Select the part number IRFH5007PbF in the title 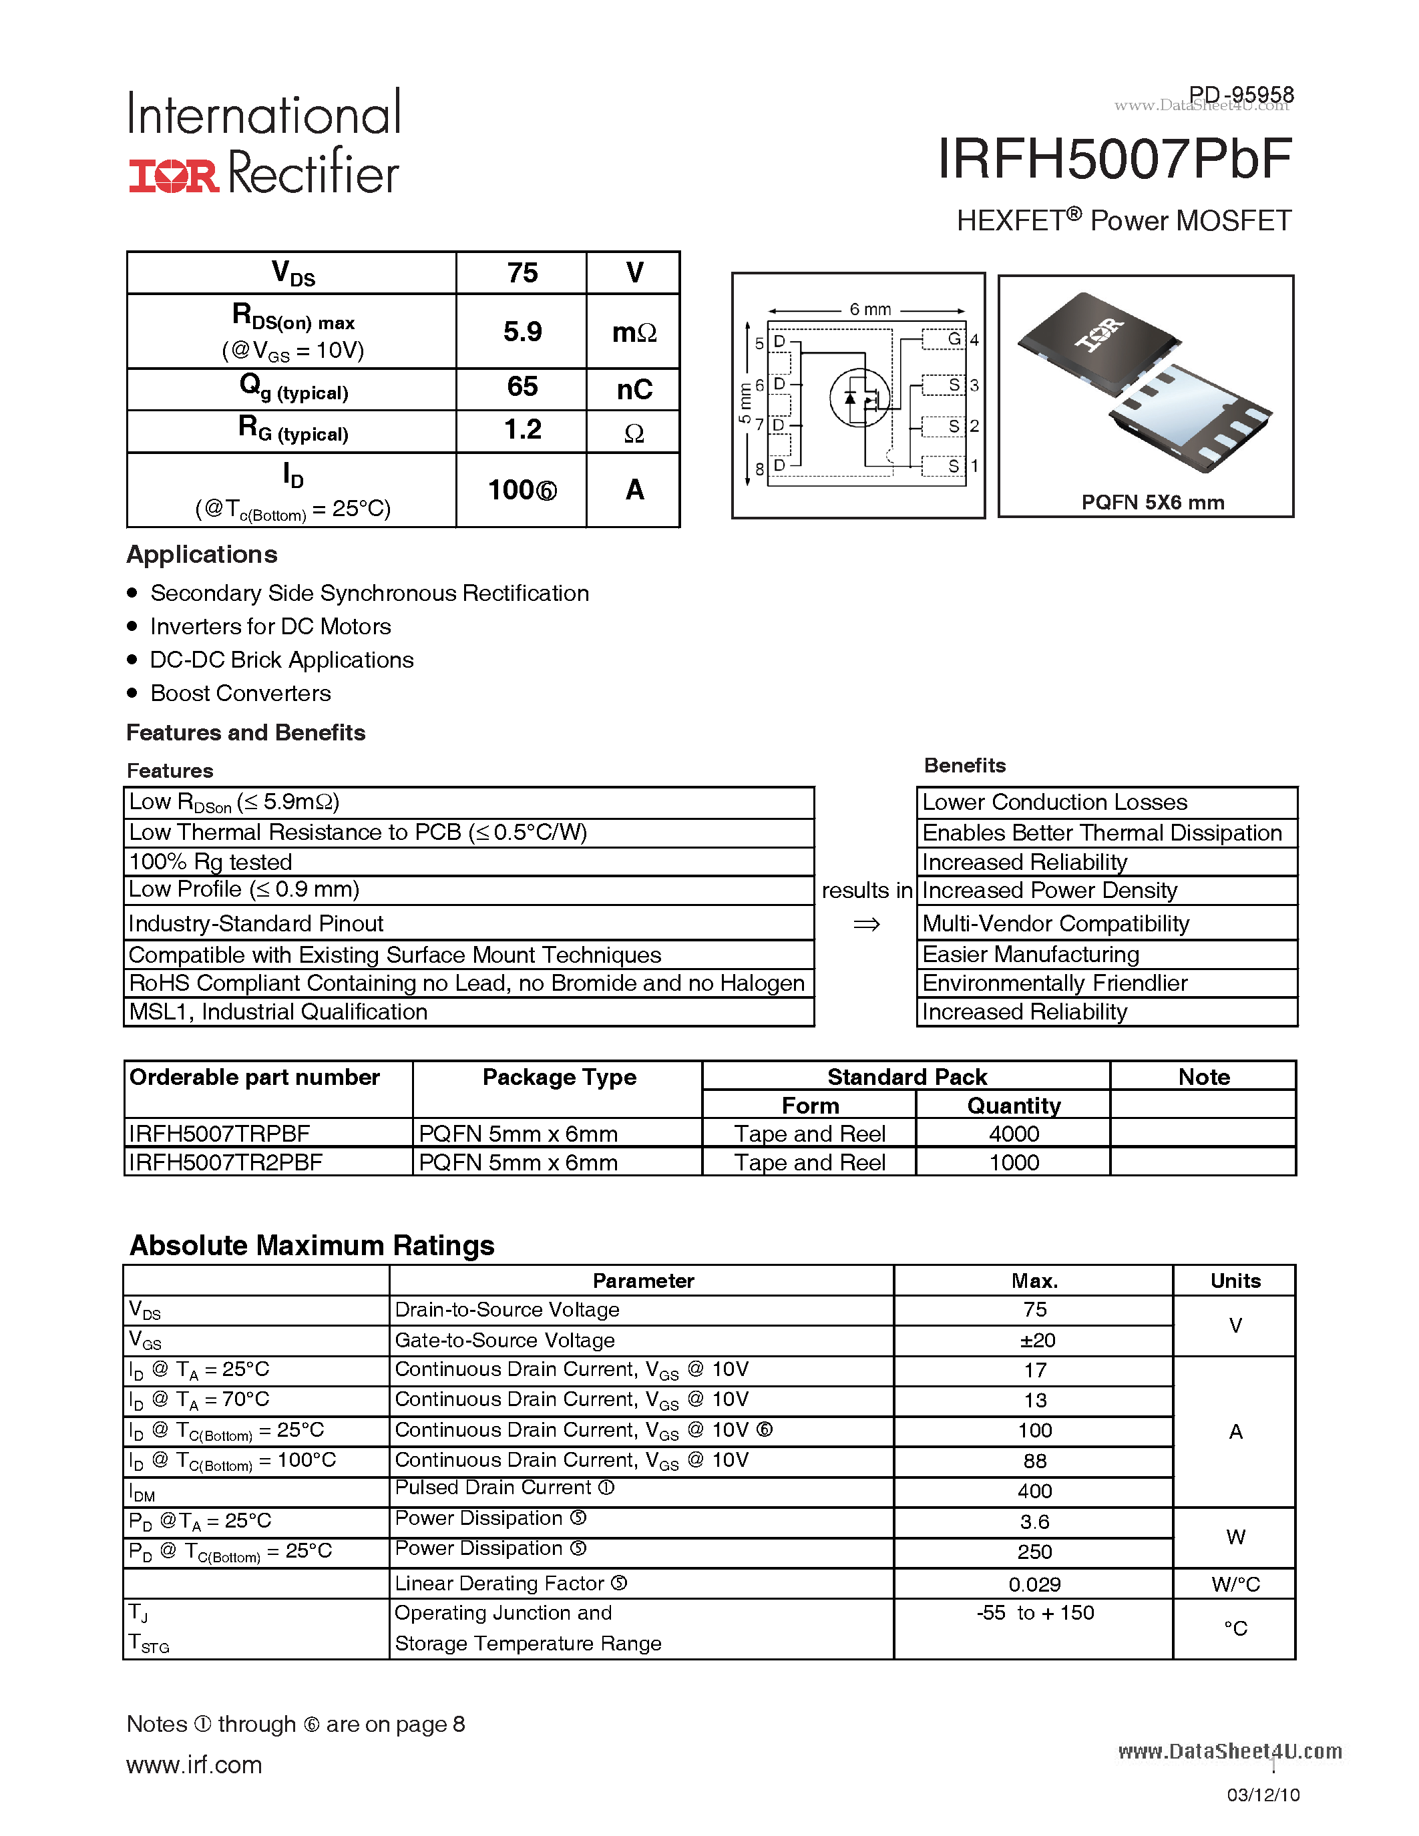click(1114, 159)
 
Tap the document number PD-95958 click(1241, 94)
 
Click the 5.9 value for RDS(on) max click(522, 331)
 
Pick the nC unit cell click(634, 389)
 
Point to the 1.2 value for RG click(522, 429)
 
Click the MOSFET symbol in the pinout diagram click(859, 398)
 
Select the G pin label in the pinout click(954, 338)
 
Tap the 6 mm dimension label click(870, 309)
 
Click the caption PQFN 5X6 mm click(1153, 502)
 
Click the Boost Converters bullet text click(240, 693)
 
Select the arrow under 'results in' click(867, 924)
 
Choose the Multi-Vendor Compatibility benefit click(1055, 923)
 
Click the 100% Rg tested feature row click(210, 862)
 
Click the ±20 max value click(1035, 1340)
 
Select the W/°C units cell click(1235, 1584)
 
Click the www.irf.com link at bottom click(194, 1765)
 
